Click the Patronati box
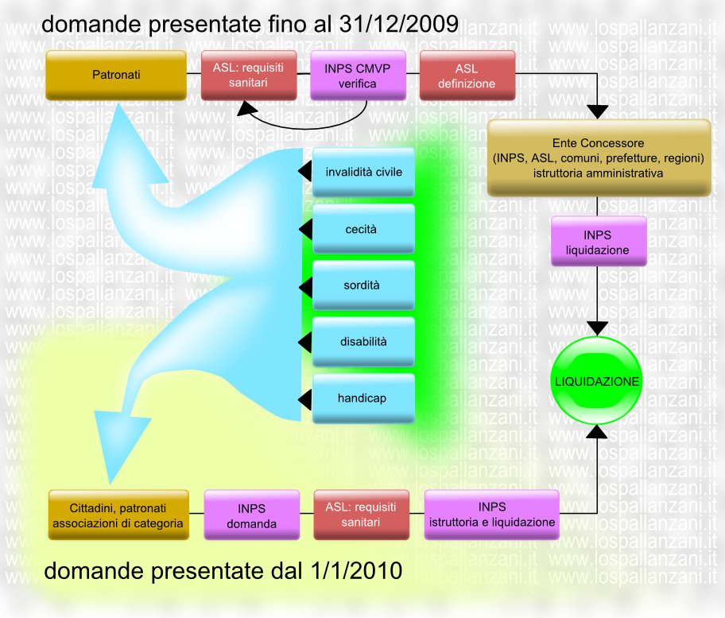click(x=116, y=75)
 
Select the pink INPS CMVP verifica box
click(x=358, y=76)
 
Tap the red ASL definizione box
click(x=467, y=76)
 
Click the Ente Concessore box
click(x=599, y=157)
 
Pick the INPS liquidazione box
click(x=599, y=241)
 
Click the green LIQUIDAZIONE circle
click(x=596, y=381)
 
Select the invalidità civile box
click(x=363, y=172)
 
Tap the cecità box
click(x=363, y=229)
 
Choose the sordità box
click(x=363, y=286)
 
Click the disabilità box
click(x=363, y=342)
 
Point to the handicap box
click(x=363, y=398)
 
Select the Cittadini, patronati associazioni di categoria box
click(x=118, y=515)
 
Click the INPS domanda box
click(x=251, y=515)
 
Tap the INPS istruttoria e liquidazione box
click(x=492, y=515)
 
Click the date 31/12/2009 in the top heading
click(x=398, y=24)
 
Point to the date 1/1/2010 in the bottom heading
click(x=356, y=570)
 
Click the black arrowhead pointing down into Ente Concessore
click(x=597, y=112)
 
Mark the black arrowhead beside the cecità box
click(x=305, y=229)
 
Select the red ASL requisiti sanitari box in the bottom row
click(x=361, y=515)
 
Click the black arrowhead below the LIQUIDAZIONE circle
click(x=597, y=432)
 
